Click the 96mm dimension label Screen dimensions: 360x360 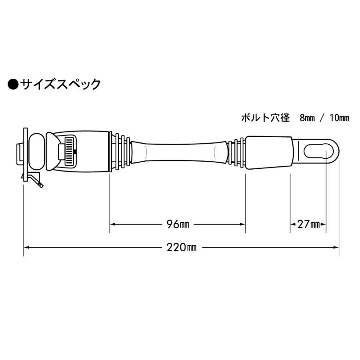tap(178, 224)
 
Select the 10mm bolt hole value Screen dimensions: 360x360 tap(340, 118)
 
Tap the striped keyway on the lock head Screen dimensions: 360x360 tap(70, 152)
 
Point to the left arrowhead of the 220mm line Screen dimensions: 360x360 tap(26, 247)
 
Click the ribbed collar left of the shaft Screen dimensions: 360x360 tap(120, 152)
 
